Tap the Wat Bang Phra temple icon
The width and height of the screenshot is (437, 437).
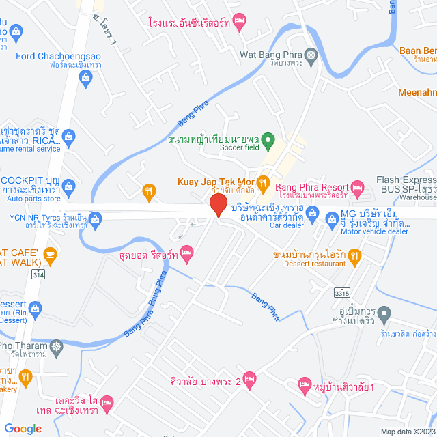coord(312,54)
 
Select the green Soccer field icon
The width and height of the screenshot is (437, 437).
coord(268,141)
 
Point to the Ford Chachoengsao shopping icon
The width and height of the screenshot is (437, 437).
coord(85,78)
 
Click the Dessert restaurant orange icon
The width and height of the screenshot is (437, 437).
coord(354,256)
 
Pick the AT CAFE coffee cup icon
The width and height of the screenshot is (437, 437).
coord(49,255)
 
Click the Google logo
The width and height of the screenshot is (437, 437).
coord(23,428)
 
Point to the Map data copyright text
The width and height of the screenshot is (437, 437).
coord(408,431)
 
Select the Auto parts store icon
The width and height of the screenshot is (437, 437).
coord(68,185)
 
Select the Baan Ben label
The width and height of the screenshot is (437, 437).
coord(418,51)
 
